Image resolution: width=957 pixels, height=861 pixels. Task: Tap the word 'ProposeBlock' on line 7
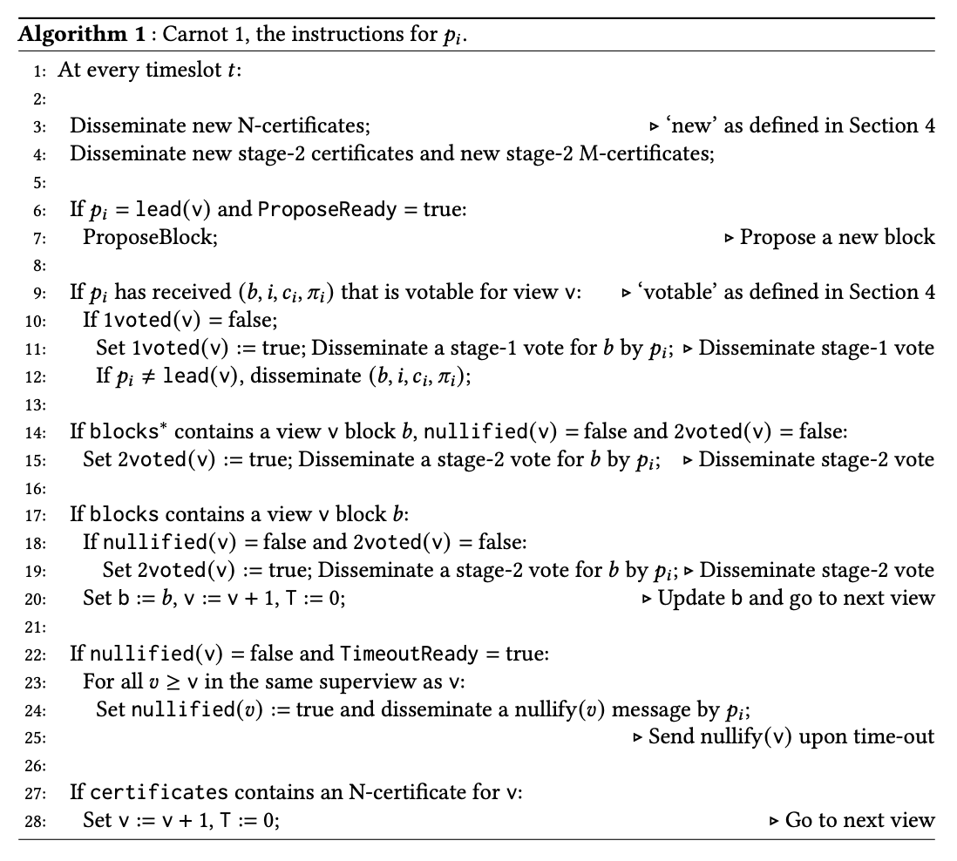pos(149,237)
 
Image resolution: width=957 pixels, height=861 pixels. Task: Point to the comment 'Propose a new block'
pos(837,237)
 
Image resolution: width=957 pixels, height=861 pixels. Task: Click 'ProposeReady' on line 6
pos(317,210)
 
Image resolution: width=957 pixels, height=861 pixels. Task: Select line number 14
pos(38,432)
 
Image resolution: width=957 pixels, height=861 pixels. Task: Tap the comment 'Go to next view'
pos(859,820)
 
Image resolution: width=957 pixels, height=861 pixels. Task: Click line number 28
pos(38,821)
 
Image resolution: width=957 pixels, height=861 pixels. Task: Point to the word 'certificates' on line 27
pos(159,793)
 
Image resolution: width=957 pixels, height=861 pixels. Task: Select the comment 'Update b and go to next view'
pos(796,599)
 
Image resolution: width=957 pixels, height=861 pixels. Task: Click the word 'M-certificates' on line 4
pos(655,154)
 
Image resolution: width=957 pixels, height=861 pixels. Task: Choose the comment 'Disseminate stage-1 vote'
pos(817,349)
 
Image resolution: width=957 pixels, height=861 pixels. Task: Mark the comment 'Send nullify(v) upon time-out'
pos(791,737)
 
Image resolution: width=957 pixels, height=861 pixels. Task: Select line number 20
pos(38,599)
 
